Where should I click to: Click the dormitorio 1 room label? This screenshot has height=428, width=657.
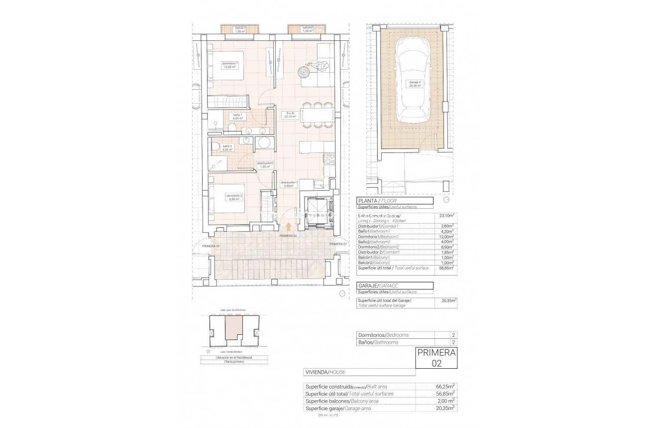tap(230, 65)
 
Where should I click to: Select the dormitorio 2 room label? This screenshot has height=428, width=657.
tap(234, 197)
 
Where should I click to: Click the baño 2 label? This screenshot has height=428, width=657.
tap(227, 148)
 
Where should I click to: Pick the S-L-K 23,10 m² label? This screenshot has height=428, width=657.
tap(290, 115)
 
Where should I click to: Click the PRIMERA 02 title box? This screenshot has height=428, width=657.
tap(436, 358)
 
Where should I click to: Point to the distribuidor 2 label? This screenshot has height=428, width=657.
tap(264, 164)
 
